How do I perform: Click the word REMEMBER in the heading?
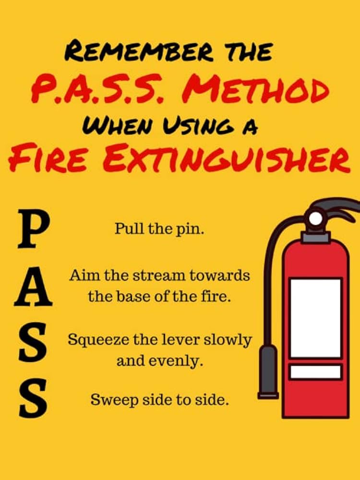point(139,51)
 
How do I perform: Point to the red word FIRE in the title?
point(48,160)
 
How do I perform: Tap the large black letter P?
point(33,228)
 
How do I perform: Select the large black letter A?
point(33,286)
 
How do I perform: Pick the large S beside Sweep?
point(33,398)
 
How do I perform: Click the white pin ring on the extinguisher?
point(316,218)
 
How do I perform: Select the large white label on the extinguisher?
point(316,318)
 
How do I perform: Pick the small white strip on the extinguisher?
point(316,372)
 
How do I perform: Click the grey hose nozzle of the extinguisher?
point(268,372)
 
